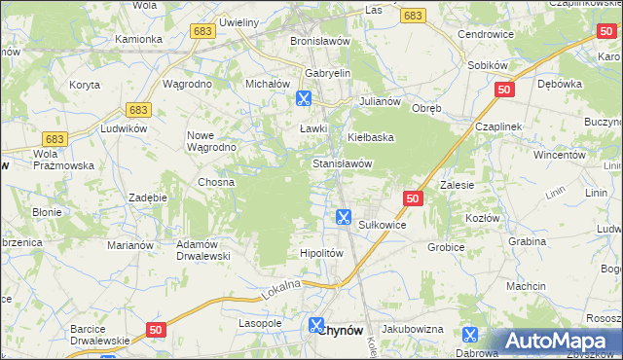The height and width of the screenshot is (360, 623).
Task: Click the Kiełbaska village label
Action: tap(370, 137)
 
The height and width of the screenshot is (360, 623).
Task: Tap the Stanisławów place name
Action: tap(343, 163)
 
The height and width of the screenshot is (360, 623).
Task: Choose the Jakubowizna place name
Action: tap(412, 330)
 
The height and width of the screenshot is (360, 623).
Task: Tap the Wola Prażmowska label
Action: tap(63, 160)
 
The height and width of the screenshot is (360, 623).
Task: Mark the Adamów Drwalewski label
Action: tap(202, 250)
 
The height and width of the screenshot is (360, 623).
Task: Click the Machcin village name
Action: tap(526, 286)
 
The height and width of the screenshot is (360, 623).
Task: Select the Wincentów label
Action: tap(559, 155)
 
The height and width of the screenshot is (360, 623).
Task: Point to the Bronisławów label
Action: tap(321, 42)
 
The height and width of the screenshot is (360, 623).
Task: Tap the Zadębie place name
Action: tap(148, 197)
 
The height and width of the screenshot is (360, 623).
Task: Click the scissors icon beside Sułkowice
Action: tap(343, 217)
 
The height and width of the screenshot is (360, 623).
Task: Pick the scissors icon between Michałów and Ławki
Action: tap(303, 98)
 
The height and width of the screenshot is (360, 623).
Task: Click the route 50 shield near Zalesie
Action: tap(413, 198)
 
